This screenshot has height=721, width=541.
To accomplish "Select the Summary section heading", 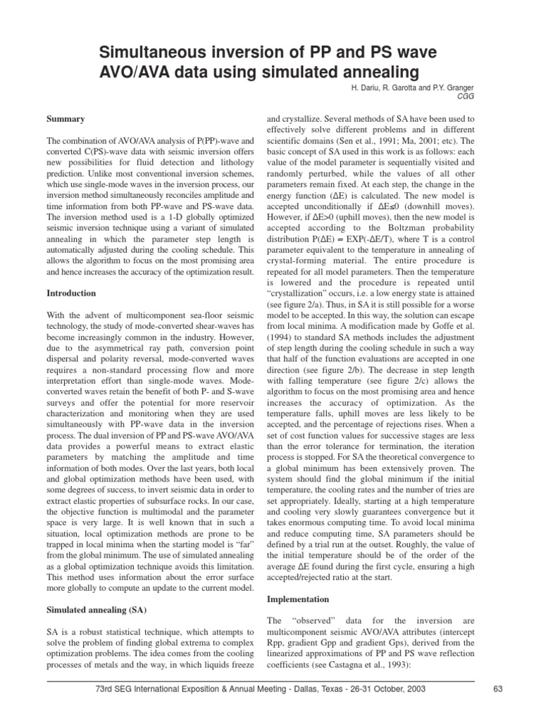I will pyautogui.click(x=66, y=119).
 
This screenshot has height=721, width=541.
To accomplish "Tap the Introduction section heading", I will pyautogui.click(x=73, y=292).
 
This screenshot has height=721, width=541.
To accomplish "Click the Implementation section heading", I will pyautogui.click(x=298, y=599).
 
